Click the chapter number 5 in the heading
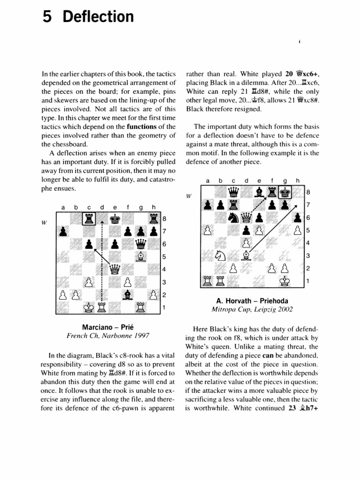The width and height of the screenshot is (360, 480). (x=46, y=17)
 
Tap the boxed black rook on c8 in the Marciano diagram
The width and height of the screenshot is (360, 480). (x=89, y=218)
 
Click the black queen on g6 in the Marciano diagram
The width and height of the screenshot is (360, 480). (x=140, y=244)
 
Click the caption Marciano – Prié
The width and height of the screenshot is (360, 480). (x=109, y=326)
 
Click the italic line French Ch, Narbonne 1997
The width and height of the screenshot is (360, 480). (x=109, y=336)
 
